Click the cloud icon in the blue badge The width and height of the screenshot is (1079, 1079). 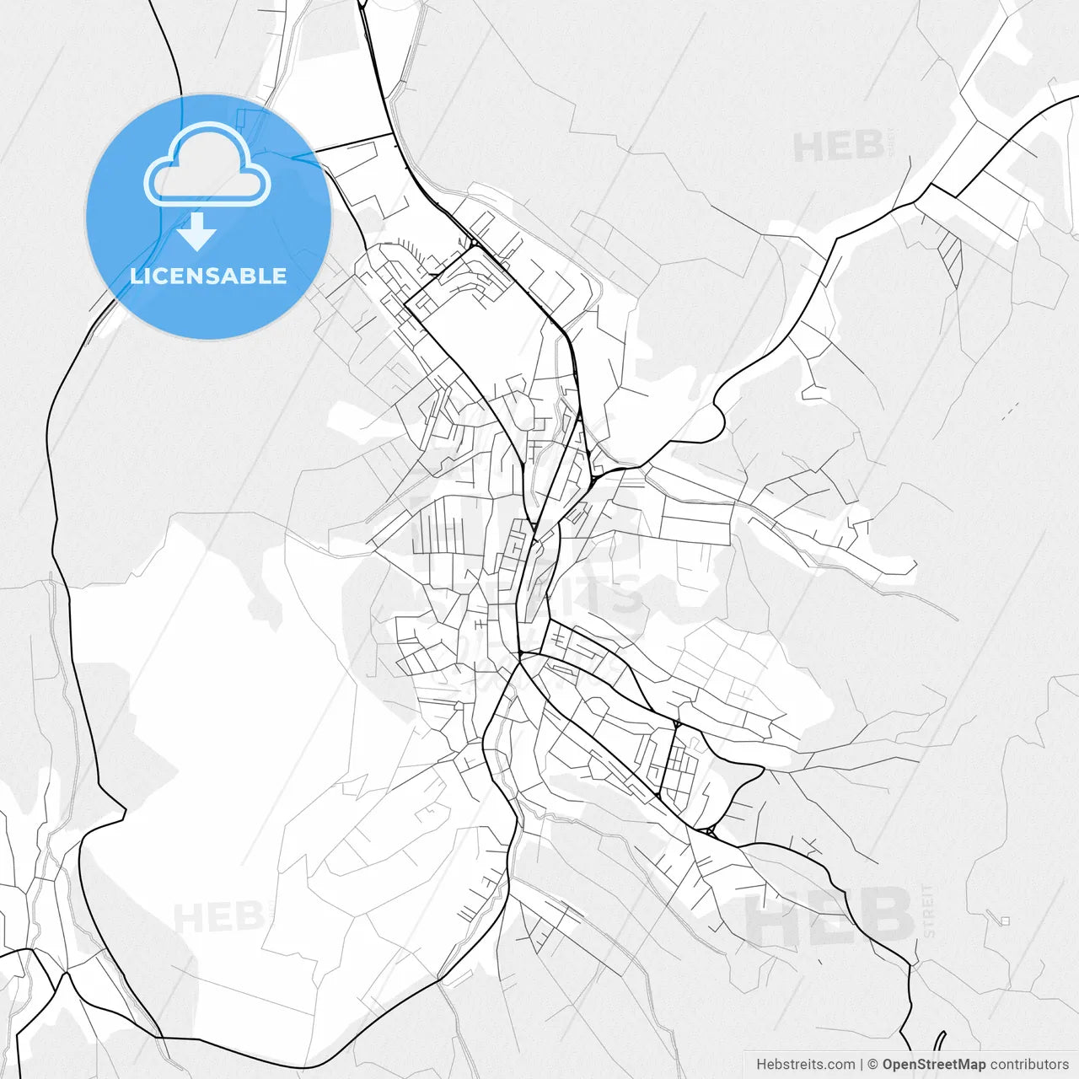(x=207, y=166)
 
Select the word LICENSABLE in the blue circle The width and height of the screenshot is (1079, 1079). (x=208, y=276)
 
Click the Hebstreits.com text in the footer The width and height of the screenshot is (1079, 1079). (x=805, y=1065)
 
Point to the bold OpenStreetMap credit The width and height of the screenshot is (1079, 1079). (x=933, y=1065)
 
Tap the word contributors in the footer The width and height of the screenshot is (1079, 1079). (x=1029, y=1065)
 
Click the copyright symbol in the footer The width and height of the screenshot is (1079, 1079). (x=872, y=1065)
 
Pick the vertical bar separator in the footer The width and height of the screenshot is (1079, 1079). (x=861, y=1065)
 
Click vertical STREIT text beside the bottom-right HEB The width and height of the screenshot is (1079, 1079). (x=928, y=911)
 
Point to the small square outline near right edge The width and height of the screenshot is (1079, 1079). (x=1004, y=921)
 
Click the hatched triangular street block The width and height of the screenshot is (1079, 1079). (x=951, y=253)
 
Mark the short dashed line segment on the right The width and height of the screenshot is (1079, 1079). (x=1009, y=411)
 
